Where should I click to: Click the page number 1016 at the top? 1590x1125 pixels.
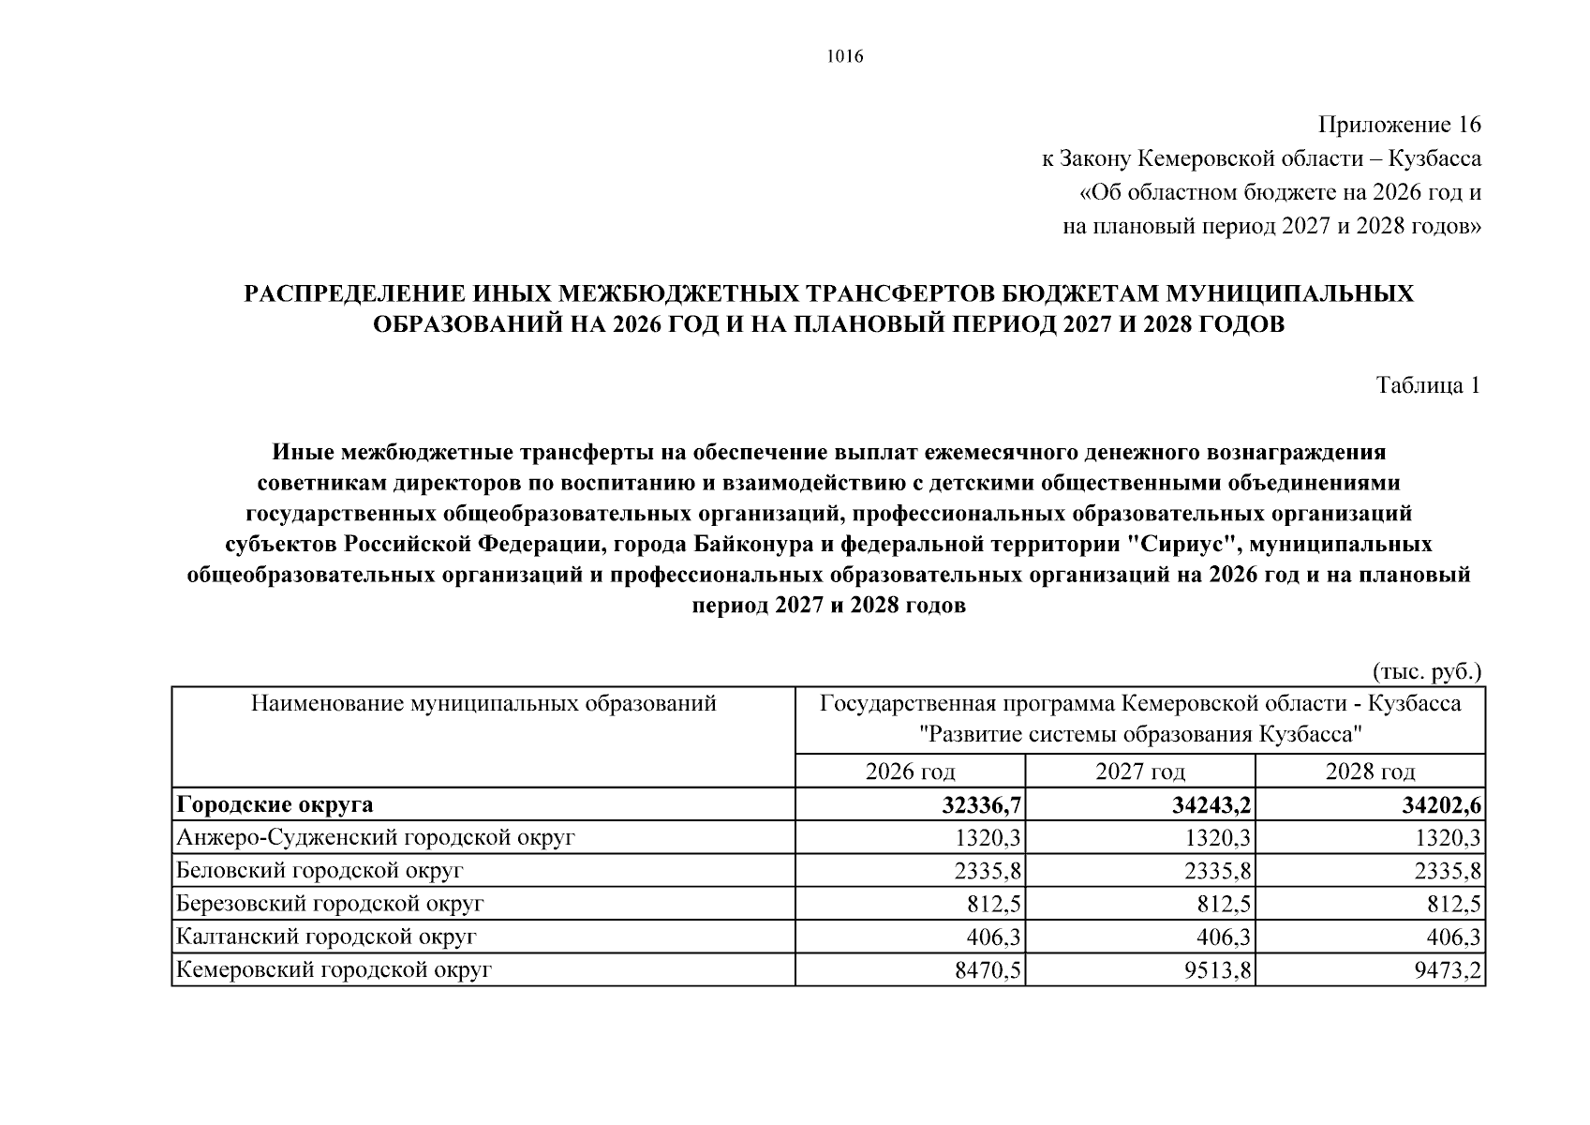(845, 57)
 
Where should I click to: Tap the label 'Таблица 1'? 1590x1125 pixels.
(1428, 385)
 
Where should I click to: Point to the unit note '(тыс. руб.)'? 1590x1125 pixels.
(1427, 671)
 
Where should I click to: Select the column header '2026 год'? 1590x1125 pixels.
(910, 772)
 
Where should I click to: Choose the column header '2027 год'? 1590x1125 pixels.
(1140, 772)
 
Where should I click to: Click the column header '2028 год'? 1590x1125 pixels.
(1370, 772)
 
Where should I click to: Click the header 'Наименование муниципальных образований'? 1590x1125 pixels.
(483, 703)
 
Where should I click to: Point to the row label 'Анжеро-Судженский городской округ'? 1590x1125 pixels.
(375, 837)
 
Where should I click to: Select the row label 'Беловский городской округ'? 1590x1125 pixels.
(320, 870)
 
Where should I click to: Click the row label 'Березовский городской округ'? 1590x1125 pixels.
(330, 904)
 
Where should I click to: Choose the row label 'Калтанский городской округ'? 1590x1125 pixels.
(327, 937)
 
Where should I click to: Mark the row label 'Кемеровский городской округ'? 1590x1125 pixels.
(334, 970)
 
